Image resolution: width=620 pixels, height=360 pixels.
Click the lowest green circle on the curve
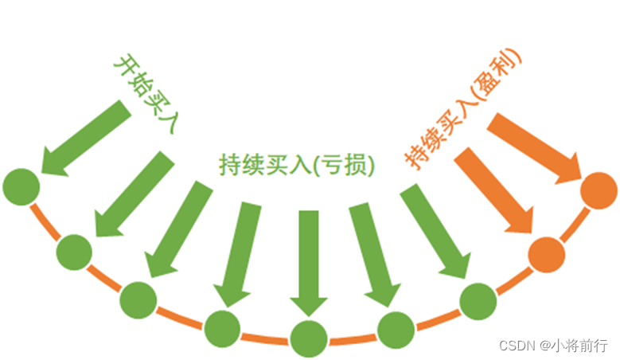point(308,338)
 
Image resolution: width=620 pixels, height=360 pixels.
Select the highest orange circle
point(599,191)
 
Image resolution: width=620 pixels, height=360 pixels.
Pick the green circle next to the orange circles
point(479,300)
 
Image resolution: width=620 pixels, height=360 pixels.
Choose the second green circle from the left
point(76,253)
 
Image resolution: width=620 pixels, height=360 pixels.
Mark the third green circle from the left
point(138,299)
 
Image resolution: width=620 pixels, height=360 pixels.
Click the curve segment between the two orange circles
point(572,224)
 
